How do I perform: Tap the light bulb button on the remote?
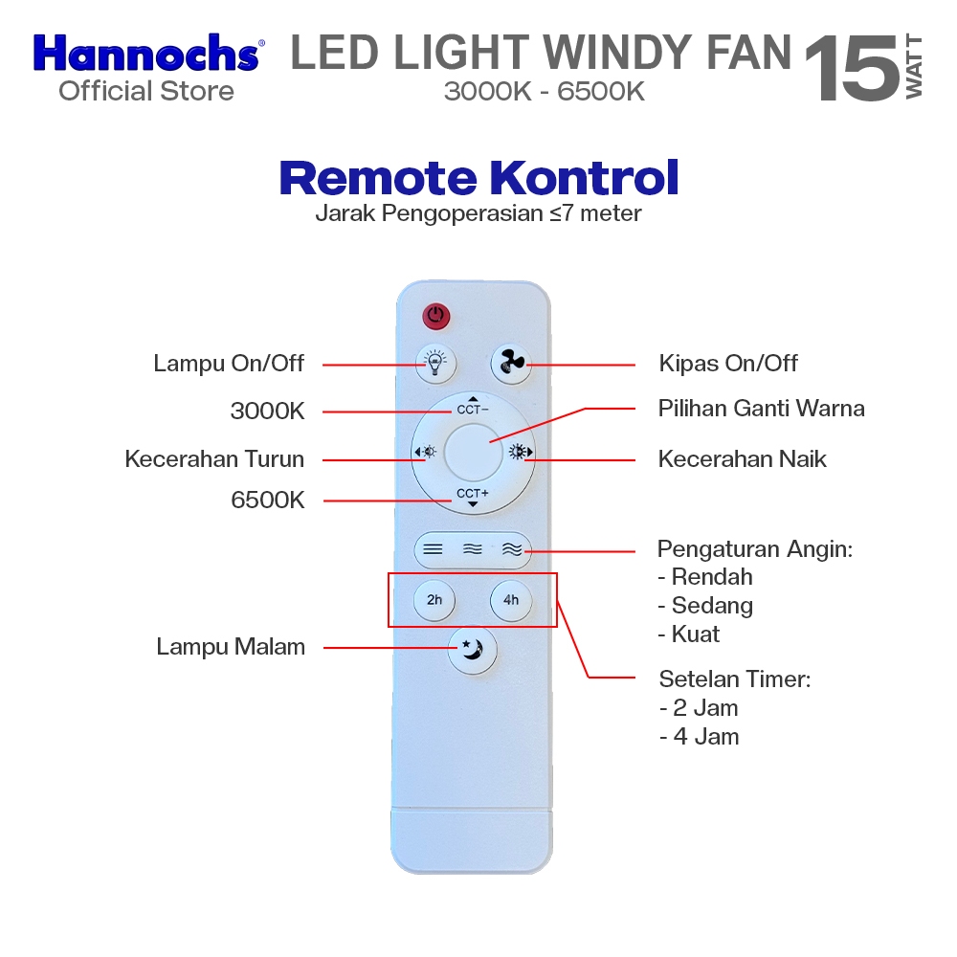click(435, 363)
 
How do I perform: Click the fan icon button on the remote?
click(511, 363)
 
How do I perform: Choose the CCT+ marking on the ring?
click(472, 495)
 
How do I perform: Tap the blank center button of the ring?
click(473, 452)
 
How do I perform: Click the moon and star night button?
click(473, 650)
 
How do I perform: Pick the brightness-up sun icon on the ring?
click(520, 452)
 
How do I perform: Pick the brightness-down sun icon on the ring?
click(425, 452)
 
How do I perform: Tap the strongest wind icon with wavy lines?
click(512, 549)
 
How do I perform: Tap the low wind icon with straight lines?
click(434, 549)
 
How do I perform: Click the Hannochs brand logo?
click(146, 54)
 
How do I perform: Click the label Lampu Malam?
click(231, 647)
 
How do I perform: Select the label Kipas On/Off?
click(728, 364)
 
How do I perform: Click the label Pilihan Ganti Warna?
click(761, 409)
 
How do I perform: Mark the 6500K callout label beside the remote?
click(268, 500)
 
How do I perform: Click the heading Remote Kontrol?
click(478, 178)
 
